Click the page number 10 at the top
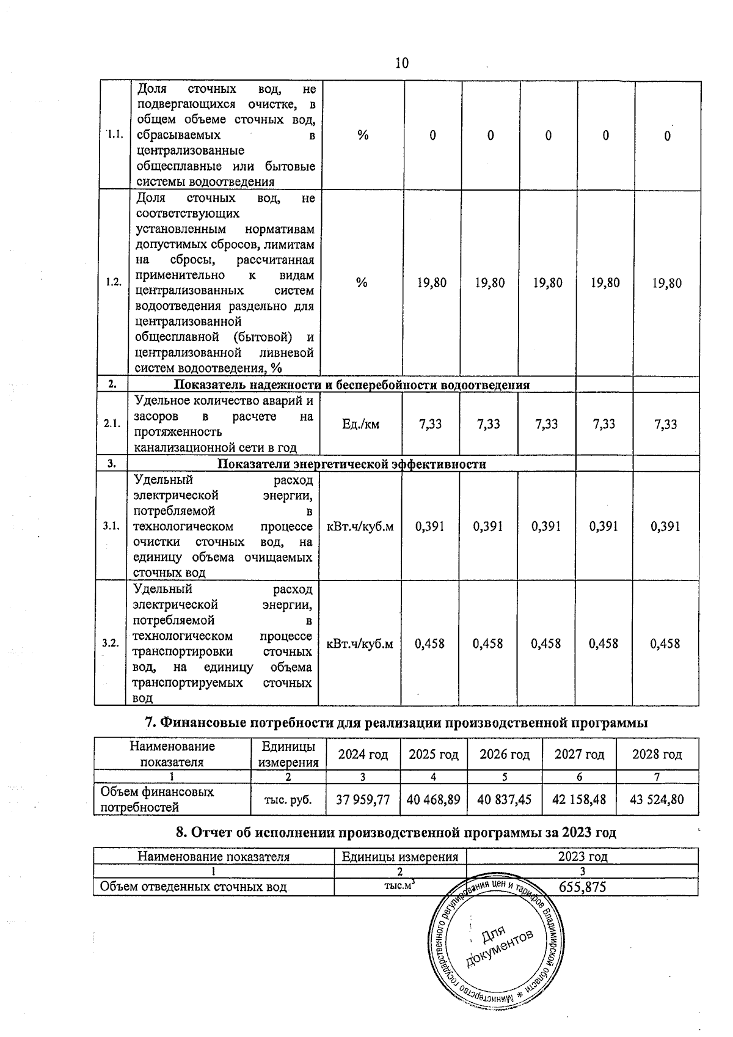coord(401,64)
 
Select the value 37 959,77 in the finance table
coord(363,799)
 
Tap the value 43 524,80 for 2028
coord(657,799)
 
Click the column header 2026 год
coord(504,755)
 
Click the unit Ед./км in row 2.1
coord(361,424)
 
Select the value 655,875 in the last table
coord(582,887)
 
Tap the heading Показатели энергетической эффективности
coord(352,464)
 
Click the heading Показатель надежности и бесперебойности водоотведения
coord(352,385)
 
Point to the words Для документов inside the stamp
coord(498,945)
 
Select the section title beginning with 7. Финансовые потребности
coord(396,723)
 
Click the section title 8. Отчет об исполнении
coord(396,832)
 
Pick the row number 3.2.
coord(111,643)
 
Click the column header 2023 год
coord(582,857)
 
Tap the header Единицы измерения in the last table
coord(400,857)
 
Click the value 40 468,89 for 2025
coord(433,799)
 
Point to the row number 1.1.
coord(115,135)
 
